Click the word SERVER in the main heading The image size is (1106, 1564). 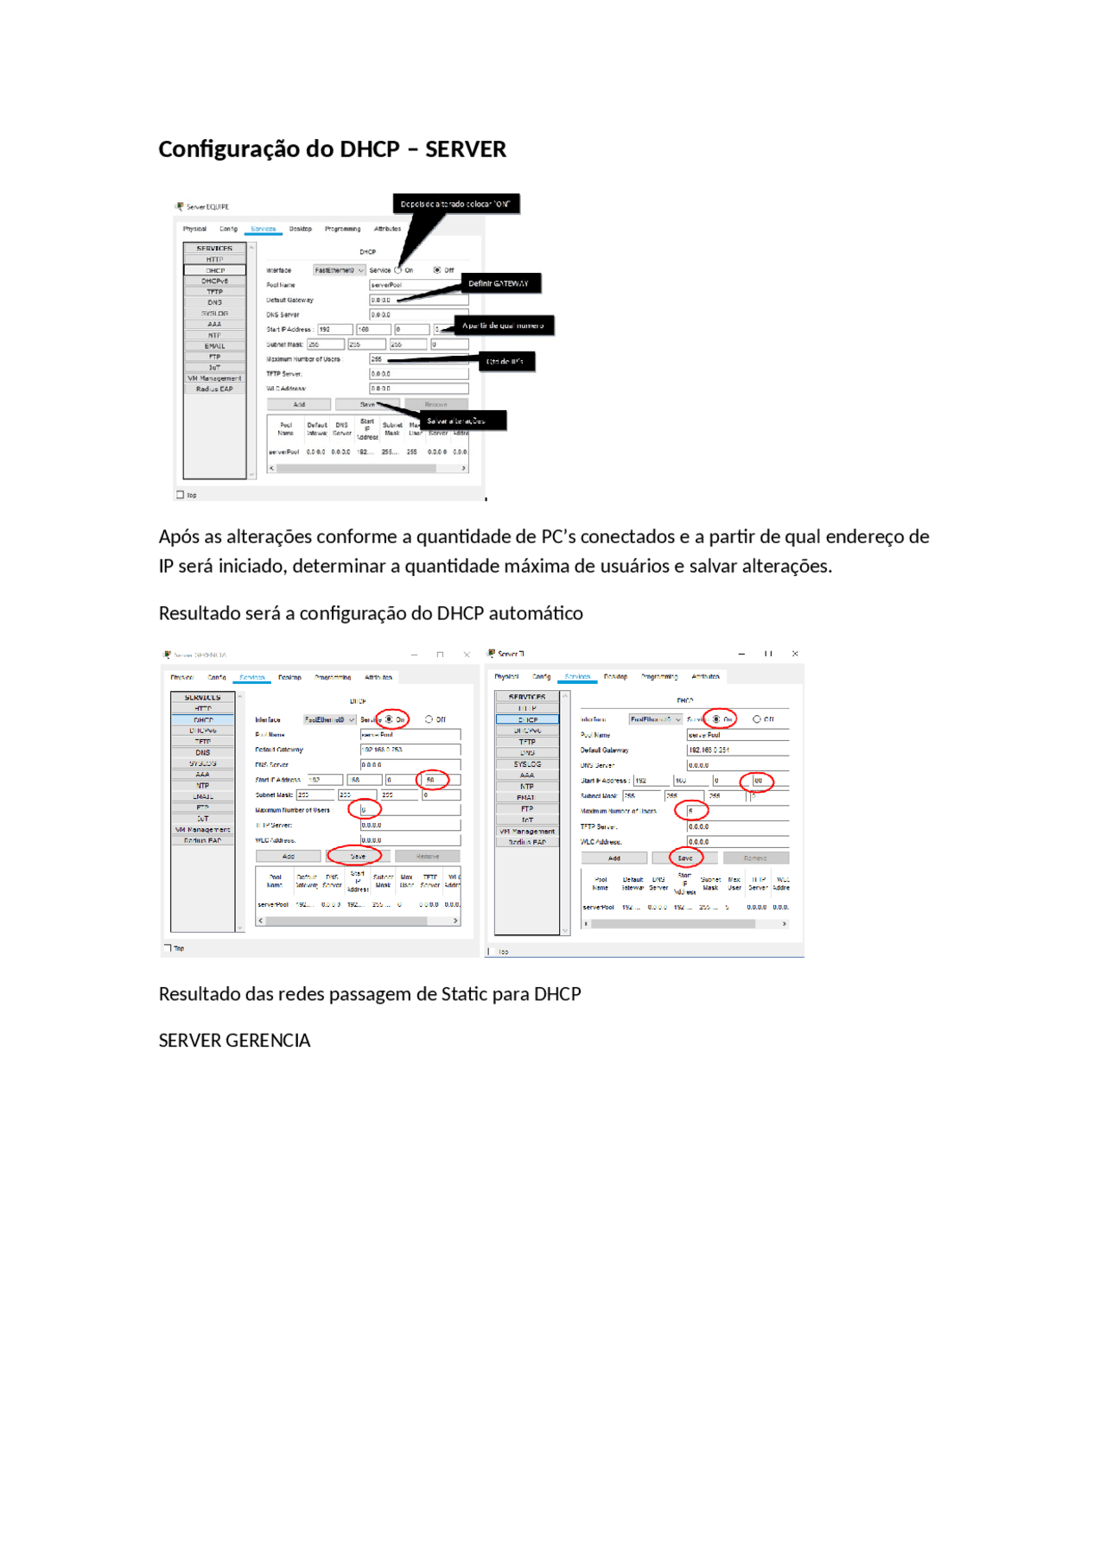465,149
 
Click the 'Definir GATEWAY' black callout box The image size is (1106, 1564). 499,283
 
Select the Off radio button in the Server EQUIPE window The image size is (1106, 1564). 437,270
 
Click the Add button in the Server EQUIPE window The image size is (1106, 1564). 299,404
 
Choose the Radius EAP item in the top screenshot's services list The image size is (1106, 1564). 214,389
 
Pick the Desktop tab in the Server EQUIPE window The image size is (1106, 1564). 300,229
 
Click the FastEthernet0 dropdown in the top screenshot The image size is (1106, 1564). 338,270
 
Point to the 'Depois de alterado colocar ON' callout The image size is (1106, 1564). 455,205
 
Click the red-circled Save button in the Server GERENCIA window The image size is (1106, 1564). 357,857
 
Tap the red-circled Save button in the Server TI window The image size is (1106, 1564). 684,858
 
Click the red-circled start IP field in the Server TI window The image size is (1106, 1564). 759,781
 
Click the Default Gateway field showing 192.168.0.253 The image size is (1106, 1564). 409,750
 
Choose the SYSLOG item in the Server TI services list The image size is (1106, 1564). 527,764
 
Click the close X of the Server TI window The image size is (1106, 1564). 795,654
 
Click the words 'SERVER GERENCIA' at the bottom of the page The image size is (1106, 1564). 234,1041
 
